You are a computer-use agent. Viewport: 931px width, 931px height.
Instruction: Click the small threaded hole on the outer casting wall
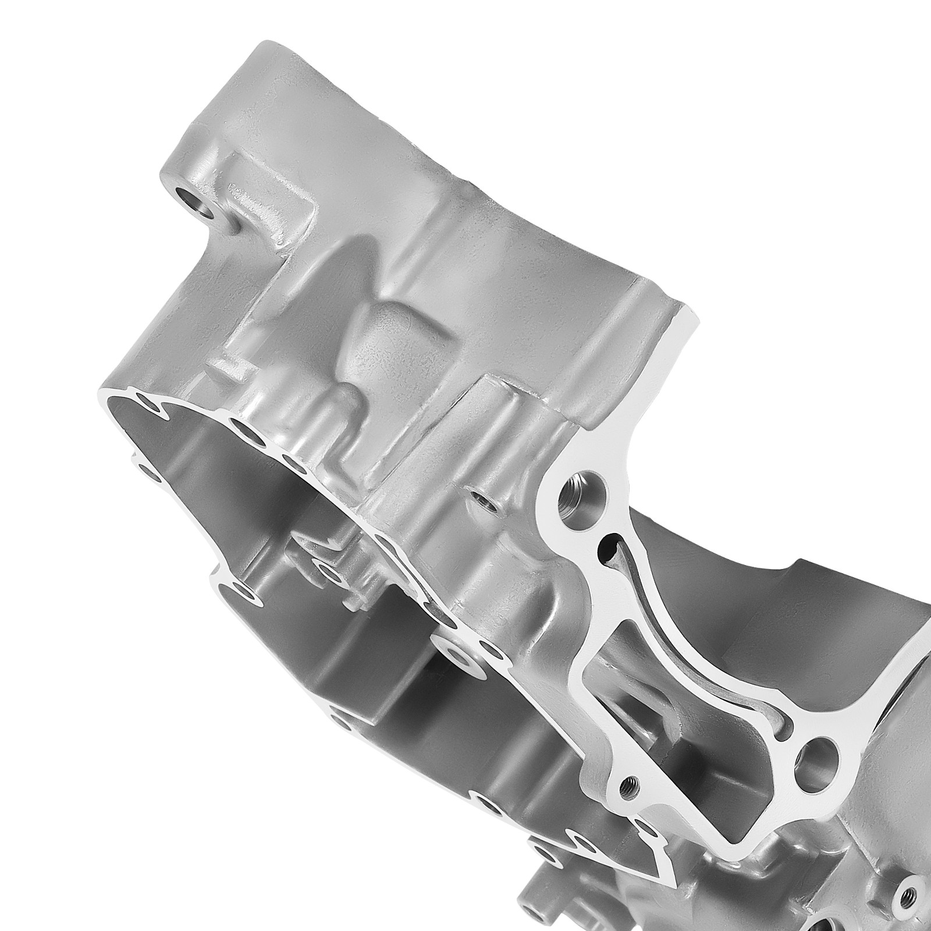(480, 498)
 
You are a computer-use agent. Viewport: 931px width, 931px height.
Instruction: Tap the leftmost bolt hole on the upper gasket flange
(144, 400)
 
